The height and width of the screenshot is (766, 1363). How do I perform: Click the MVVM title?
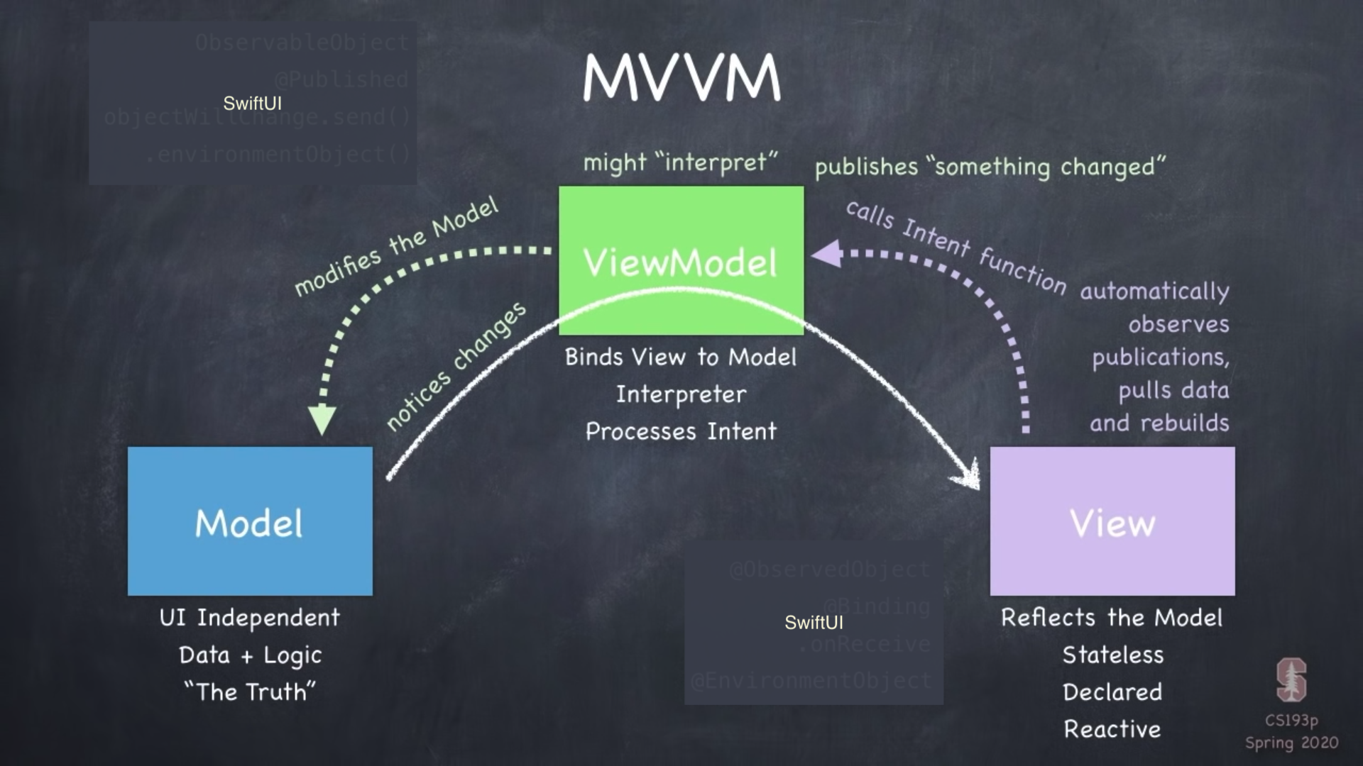(x=681, y=78)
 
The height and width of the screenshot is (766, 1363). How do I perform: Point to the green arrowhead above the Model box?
(x=322, y=419)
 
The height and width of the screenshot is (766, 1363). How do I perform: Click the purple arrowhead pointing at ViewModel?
(x=828, y=254)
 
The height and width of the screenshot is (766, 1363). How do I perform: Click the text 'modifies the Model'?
(x=396, y=246)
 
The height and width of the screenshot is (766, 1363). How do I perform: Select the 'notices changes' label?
(x=456, y=366)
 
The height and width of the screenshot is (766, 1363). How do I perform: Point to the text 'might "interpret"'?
(x=680, y=162)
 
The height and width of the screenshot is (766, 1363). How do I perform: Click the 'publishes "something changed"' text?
(x=990, y=167)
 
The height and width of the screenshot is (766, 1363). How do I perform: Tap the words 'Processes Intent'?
(x=681, y=431)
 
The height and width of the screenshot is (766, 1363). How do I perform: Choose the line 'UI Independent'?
(x=250, y=618)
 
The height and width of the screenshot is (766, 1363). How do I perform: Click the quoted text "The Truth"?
(x=250, y=692)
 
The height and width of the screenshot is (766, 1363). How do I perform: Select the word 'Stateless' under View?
(x=1112, y=655)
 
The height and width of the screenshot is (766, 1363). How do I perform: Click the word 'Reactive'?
(x=1112, y=729)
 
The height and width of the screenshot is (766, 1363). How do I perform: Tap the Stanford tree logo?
(x=1291, y=679)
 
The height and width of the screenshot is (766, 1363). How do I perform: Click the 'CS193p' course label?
(x=1291, y=721)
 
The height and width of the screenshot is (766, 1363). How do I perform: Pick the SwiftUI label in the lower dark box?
(x=814, y=623)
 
